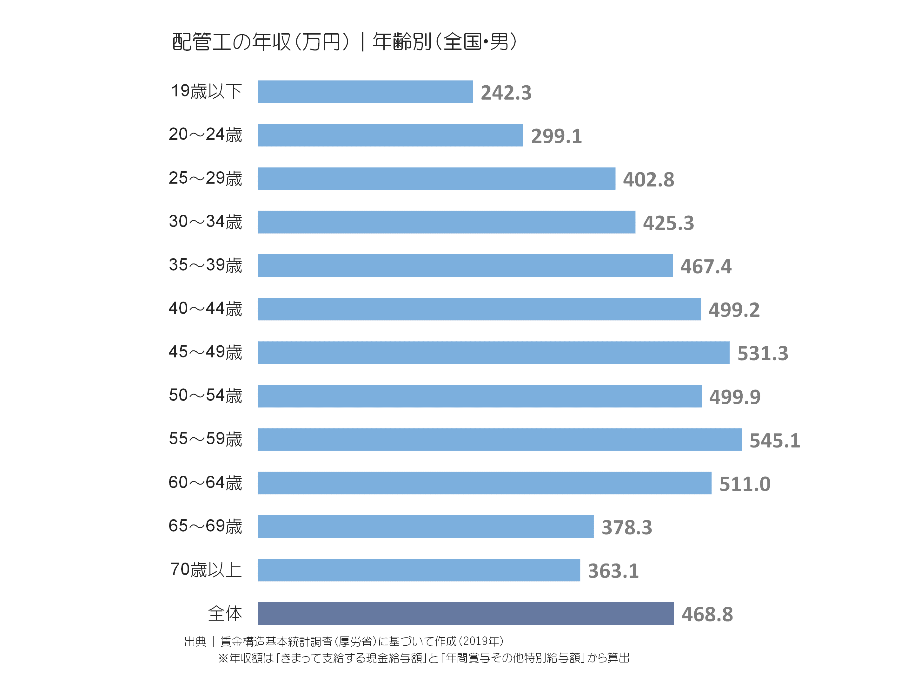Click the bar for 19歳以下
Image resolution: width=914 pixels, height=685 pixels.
pos(365,92)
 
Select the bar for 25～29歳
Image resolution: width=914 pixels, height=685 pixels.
pos(436,179)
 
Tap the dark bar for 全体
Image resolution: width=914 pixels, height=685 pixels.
pos(466,614)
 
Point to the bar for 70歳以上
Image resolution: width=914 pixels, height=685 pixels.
pos(419,570)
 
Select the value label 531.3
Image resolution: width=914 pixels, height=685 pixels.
pos(763,354)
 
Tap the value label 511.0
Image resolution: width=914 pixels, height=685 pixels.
pos(745,484)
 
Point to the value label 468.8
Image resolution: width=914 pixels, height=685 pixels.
pos(707,614)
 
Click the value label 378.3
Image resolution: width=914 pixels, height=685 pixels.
pos(627,527)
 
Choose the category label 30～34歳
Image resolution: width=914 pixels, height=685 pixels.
pos(205,222)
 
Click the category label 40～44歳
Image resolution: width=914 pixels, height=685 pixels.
pos(205,309)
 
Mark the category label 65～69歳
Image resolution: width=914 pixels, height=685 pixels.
pos(205,526)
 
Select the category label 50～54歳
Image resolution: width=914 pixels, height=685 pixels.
pos(205,395)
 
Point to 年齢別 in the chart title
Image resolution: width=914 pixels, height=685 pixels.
pos(402,42)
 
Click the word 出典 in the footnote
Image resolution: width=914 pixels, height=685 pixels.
pos(195,642)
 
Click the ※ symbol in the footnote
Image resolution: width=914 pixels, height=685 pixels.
pos(223,658)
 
